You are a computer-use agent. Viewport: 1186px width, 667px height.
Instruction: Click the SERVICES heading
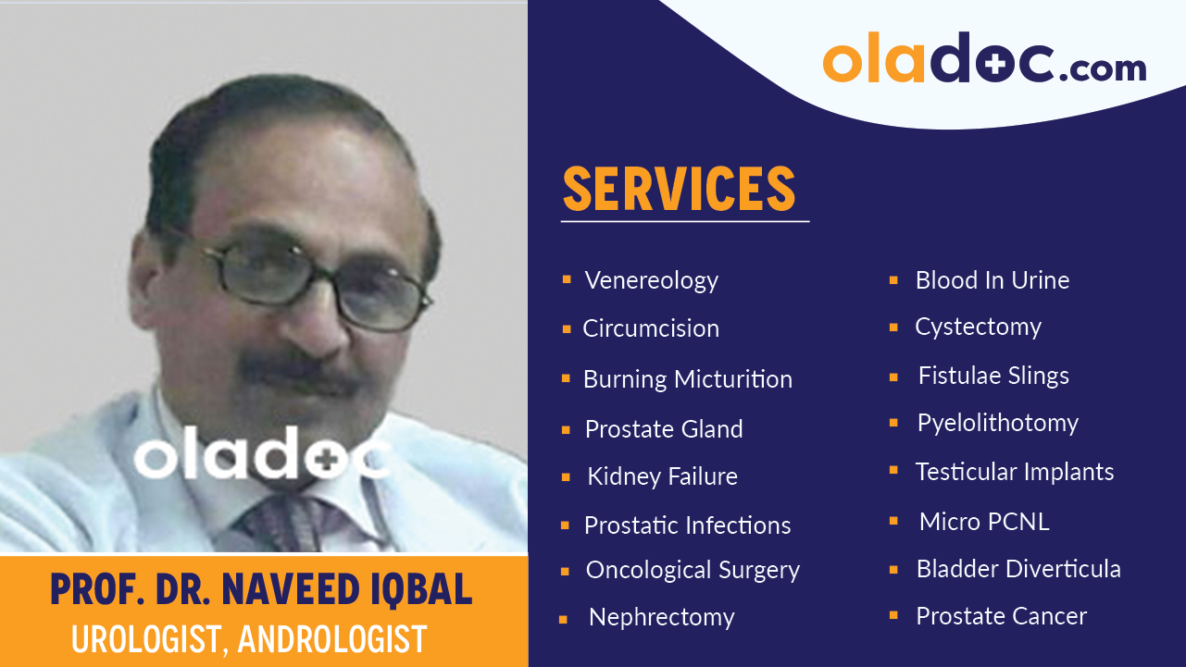(x=679, y=189)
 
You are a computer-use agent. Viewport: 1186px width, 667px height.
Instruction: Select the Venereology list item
(x=651, y=280)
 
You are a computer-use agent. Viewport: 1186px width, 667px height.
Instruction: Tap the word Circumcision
(x=650, y=328)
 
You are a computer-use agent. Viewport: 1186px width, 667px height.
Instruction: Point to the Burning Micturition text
(x=687, y=379)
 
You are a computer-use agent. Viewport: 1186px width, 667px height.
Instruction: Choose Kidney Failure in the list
(x=662, y=476)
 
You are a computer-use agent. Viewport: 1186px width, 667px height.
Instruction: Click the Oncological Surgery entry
(x=693, y=570)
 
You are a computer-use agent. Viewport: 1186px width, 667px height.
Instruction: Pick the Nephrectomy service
(x=661, y=617)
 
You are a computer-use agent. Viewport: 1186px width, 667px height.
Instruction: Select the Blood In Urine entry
(x=992, y=280)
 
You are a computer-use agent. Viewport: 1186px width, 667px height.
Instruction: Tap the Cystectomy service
(x=978, y=327)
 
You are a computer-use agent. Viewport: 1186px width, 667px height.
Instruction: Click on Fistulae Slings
(x=992, y=376)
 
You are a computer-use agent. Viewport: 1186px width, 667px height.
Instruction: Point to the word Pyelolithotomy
(x=997, y=423)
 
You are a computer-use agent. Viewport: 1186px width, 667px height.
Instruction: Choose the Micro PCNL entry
(x=983, y=522)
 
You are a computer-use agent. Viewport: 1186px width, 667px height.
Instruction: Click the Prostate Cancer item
(x=1001, y=616)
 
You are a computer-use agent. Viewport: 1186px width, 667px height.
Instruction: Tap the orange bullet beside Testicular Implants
(x=893, y=471)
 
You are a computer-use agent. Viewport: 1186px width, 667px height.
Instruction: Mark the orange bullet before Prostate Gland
(x=566, y=429)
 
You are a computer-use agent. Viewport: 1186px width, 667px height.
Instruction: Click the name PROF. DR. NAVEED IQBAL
(x=261, y=590)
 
